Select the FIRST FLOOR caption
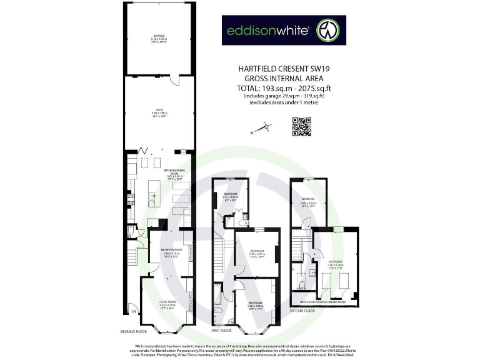tap(221, 329)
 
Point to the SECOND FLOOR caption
tap(302, 309)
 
